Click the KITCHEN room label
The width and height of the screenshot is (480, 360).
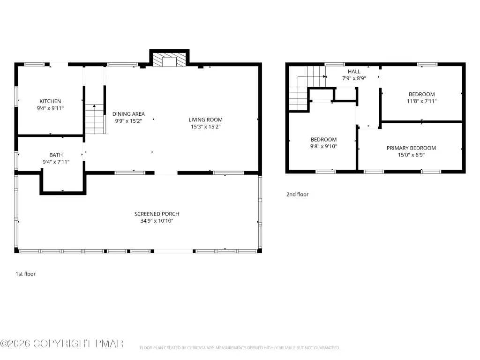pyautogui.click(x=50, y=101)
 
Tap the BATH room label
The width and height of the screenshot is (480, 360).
pyautogui.click(x=56, y=155)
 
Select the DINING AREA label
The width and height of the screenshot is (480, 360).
pyautogui.click(x=128, y=114)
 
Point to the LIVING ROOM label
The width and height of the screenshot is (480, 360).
pyautogui.click(x=205, y=120)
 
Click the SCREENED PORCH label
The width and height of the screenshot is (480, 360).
pyautogui.click(x=157, y=214)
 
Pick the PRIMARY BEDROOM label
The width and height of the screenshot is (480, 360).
pyautogui.click(x=411, y=148)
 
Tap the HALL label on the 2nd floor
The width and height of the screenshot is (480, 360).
pyautogui.click(x=354, y=72)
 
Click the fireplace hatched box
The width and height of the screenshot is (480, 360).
pyautogui.click(x=169, y=60)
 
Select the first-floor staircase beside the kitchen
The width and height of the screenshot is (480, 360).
pyautogui.click(x=95, y=119)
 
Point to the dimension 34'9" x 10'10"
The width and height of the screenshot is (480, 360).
pyautogui.click(x=157, y=221)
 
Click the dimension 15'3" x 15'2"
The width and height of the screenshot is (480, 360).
pyautogui.click(x=206, y=127)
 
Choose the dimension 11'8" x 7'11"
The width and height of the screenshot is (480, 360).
pyautogui.click(x=421, y=101)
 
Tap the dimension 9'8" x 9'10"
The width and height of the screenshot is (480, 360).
pyautogui.click(x=323, y=146)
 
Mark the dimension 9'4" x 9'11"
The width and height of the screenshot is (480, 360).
pyautogui.click(x=50, y=108)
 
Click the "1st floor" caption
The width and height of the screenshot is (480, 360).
pyautogui.click(x=26, y=274)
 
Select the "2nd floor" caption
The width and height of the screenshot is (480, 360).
pyautogui.click(x=297, y=195)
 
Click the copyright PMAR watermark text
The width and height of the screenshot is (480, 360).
pyautogui.click(x=62, y=344)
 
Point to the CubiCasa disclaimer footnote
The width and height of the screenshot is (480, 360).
pyautogui.click(x=240, y=348)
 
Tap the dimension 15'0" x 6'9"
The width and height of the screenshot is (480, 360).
pyautogui.click(x=411, y=155)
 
